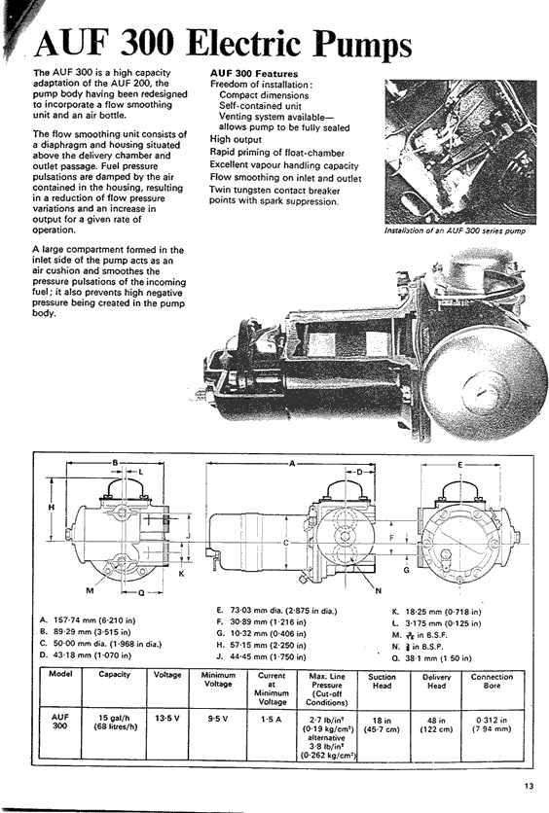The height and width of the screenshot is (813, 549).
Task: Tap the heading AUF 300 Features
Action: [254, 74]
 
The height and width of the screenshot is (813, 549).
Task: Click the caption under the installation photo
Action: [455, 230]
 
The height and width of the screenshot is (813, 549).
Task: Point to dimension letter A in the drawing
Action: [292, 464]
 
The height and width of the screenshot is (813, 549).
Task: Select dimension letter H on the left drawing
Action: [52, 508]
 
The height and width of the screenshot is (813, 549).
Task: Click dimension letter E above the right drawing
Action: [459, 465]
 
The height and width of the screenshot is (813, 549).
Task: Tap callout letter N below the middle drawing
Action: [379, 590]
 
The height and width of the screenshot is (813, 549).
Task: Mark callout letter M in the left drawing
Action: [91, 590]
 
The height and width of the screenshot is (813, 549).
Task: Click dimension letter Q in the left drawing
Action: [140, 592]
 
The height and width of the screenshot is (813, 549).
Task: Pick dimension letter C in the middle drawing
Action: [286, 543]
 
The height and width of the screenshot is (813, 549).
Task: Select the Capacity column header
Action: [114, 674]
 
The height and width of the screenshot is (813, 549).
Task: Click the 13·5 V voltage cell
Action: [167, 719]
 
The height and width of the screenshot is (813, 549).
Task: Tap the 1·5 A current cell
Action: [271, 719]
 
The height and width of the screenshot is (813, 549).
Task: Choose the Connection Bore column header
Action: [492, 681]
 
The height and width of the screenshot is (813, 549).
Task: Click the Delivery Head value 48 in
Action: [436, 721]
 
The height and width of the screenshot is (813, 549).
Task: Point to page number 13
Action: [529, 786]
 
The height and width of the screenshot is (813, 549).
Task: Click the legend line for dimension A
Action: [88, 620]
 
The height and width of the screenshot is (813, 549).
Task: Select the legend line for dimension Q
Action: [432, 658]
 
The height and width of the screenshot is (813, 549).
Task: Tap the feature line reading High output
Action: [236, 139]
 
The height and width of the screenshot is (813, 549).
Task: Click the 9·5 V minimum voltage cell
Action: [218, 719]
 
